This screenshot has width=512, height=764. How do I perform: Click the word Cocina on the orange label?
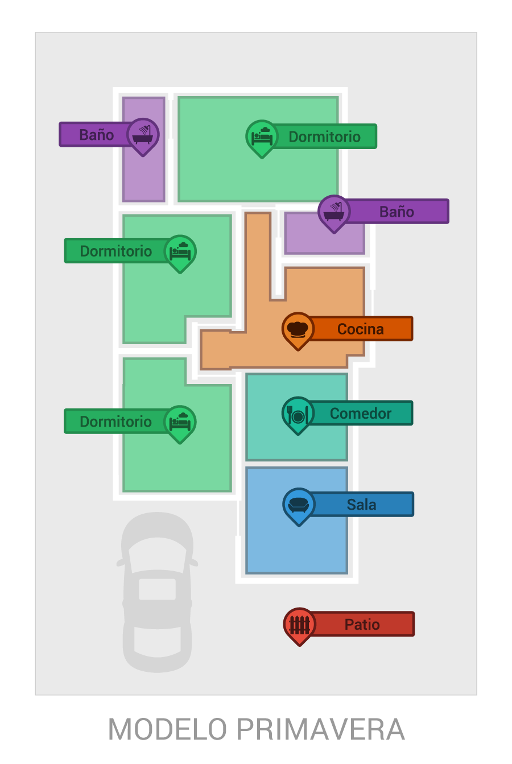click(x=360, y=329)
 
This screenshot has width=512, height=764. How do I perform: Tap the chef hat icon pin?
click(x=298, y=329)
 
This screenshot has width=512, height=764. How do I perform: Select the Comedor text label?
click(x=361, y=414)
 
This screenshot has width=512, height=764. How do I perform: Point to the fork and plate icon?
click(x=298, y=414)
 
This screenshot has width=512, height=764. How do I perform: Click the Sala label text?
click(x=361, y=505)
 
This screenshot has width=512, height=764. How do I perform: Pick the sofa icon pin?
click(x=299, y=505)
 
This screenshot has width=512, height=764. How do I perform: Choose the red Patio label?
click(x=362, y=624)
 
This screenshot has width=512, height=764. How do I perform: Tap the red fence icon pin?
click(x=300, y=624)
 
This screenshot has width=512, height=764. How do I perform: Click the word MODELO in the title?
click(x=167, y=729)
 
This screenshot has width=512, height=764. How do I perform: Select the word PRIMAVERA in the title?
click(x=320, y=729)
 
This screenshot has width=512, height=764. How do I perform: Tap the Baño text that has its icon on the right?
click(x=96, y=135)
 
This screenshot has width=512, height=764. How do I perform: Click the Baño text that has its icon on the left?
click(x=397, y=212)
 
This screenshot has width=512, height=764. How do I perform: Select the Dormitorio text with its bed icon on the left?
click(x=324, y=137)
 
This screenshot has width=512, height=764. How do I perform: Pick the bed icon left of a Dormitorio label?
click(x=262, y=137)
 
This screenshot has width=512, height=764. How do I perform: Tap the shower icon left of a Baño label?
click(x=334, y=212)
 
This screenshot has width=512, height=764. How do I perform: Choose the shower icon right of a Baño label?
click(x=143, y=135)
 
